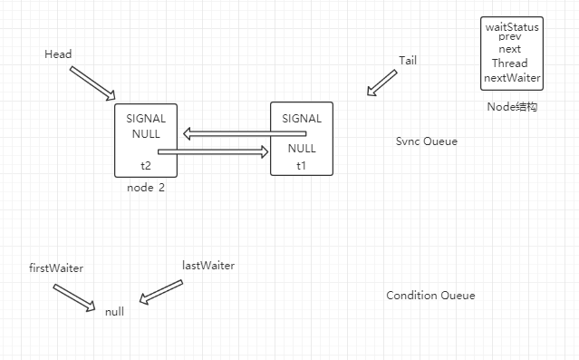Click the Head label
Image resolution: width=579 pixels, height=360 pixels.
(58, 54)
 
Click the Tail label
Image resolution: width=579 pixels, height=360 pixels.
(408, 60)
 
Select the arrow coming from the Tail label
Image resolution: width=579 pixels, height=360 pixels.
(381, 83)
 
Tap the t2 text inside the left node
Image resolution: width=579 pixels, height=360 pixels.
(146, 166)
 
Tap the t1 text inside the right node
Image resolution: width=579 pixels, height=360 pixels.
(302, 166)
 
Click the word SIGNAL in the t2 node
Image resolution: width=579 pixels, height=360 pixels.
(145, 119)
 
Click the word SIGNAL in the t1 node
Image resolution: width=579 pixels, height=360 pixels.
(302, 119)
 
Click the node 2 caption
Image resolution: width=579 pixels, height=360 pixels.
(146, 188)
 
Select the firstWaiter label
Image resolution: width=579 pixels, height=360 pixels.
(57, 268)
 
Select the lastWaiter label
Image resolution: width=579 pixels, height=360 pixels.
(208, 266)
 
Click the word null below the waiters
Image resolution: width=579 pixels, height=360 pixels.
(114, 311)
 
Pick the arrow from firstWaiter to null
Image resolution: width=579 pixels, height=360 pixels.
(73, 298)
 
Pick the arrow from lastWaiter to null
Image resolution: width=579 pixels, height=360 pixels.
(160, 292)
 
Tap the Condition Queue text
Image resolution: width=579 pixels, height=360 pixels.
(430, 296)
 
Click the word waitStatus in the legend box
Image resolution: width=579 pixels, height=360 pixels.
(512, 27)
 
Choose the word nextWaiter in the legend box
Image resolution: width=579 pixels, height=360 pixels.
(512, 78)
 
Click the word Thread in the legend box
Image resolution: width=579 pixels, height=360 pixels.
(510, 63)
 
